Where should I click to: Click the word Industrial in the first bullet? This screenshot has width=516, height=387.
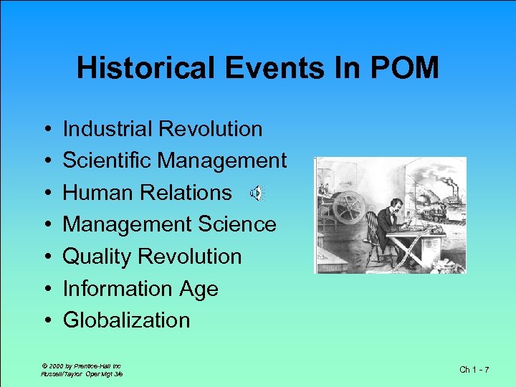point(108,129)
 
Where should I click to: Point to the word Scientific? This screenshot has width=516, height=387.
point(107,161)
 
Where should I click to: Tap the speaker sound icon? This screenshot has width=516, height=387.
point(257,193)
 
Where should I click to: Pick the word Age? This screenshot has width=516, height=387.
point(199,289)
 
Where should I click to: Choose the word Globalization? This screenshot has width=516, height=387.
point(127,320)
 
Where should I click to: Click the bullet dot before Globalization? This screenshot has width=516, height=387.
point(46,320)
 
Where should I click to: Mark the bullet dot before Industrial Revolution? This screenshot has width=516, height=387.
point(46,130)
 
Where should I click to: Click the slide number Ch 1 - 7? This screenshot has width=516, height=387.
point(474,369)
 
